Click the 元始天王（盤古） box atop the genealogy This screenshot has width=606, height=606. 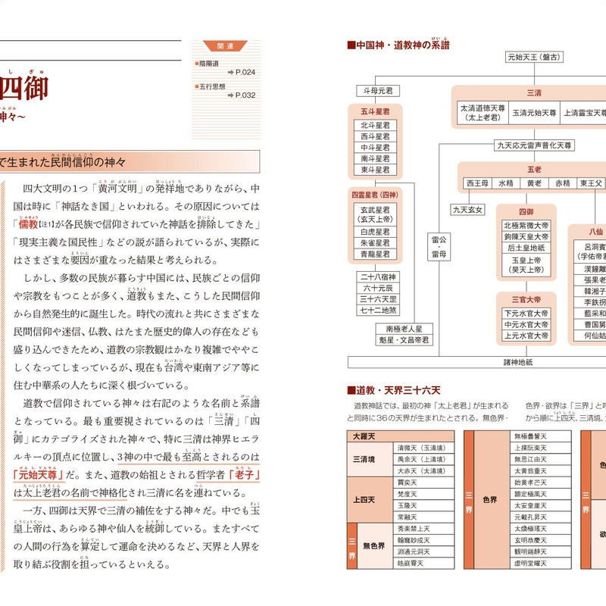click(x=534, y=56)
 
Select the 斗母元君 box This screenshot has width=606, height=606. click(x=376, y=91)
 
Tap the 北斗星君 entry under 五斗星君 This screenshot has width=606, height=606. click(x=376, y=126)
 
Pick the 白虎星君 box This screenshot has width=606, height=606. click(x=376, y=232)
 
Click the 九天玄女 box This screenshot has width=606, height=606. click(x=467, y=210)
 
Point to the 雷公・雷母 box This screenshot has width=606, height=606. click(x=439, y=249)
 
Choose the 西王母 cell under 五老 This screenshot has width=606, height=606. click(x=478, y=183)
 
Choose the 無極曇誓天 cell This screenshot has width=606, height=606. click(x=529, y=437)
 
